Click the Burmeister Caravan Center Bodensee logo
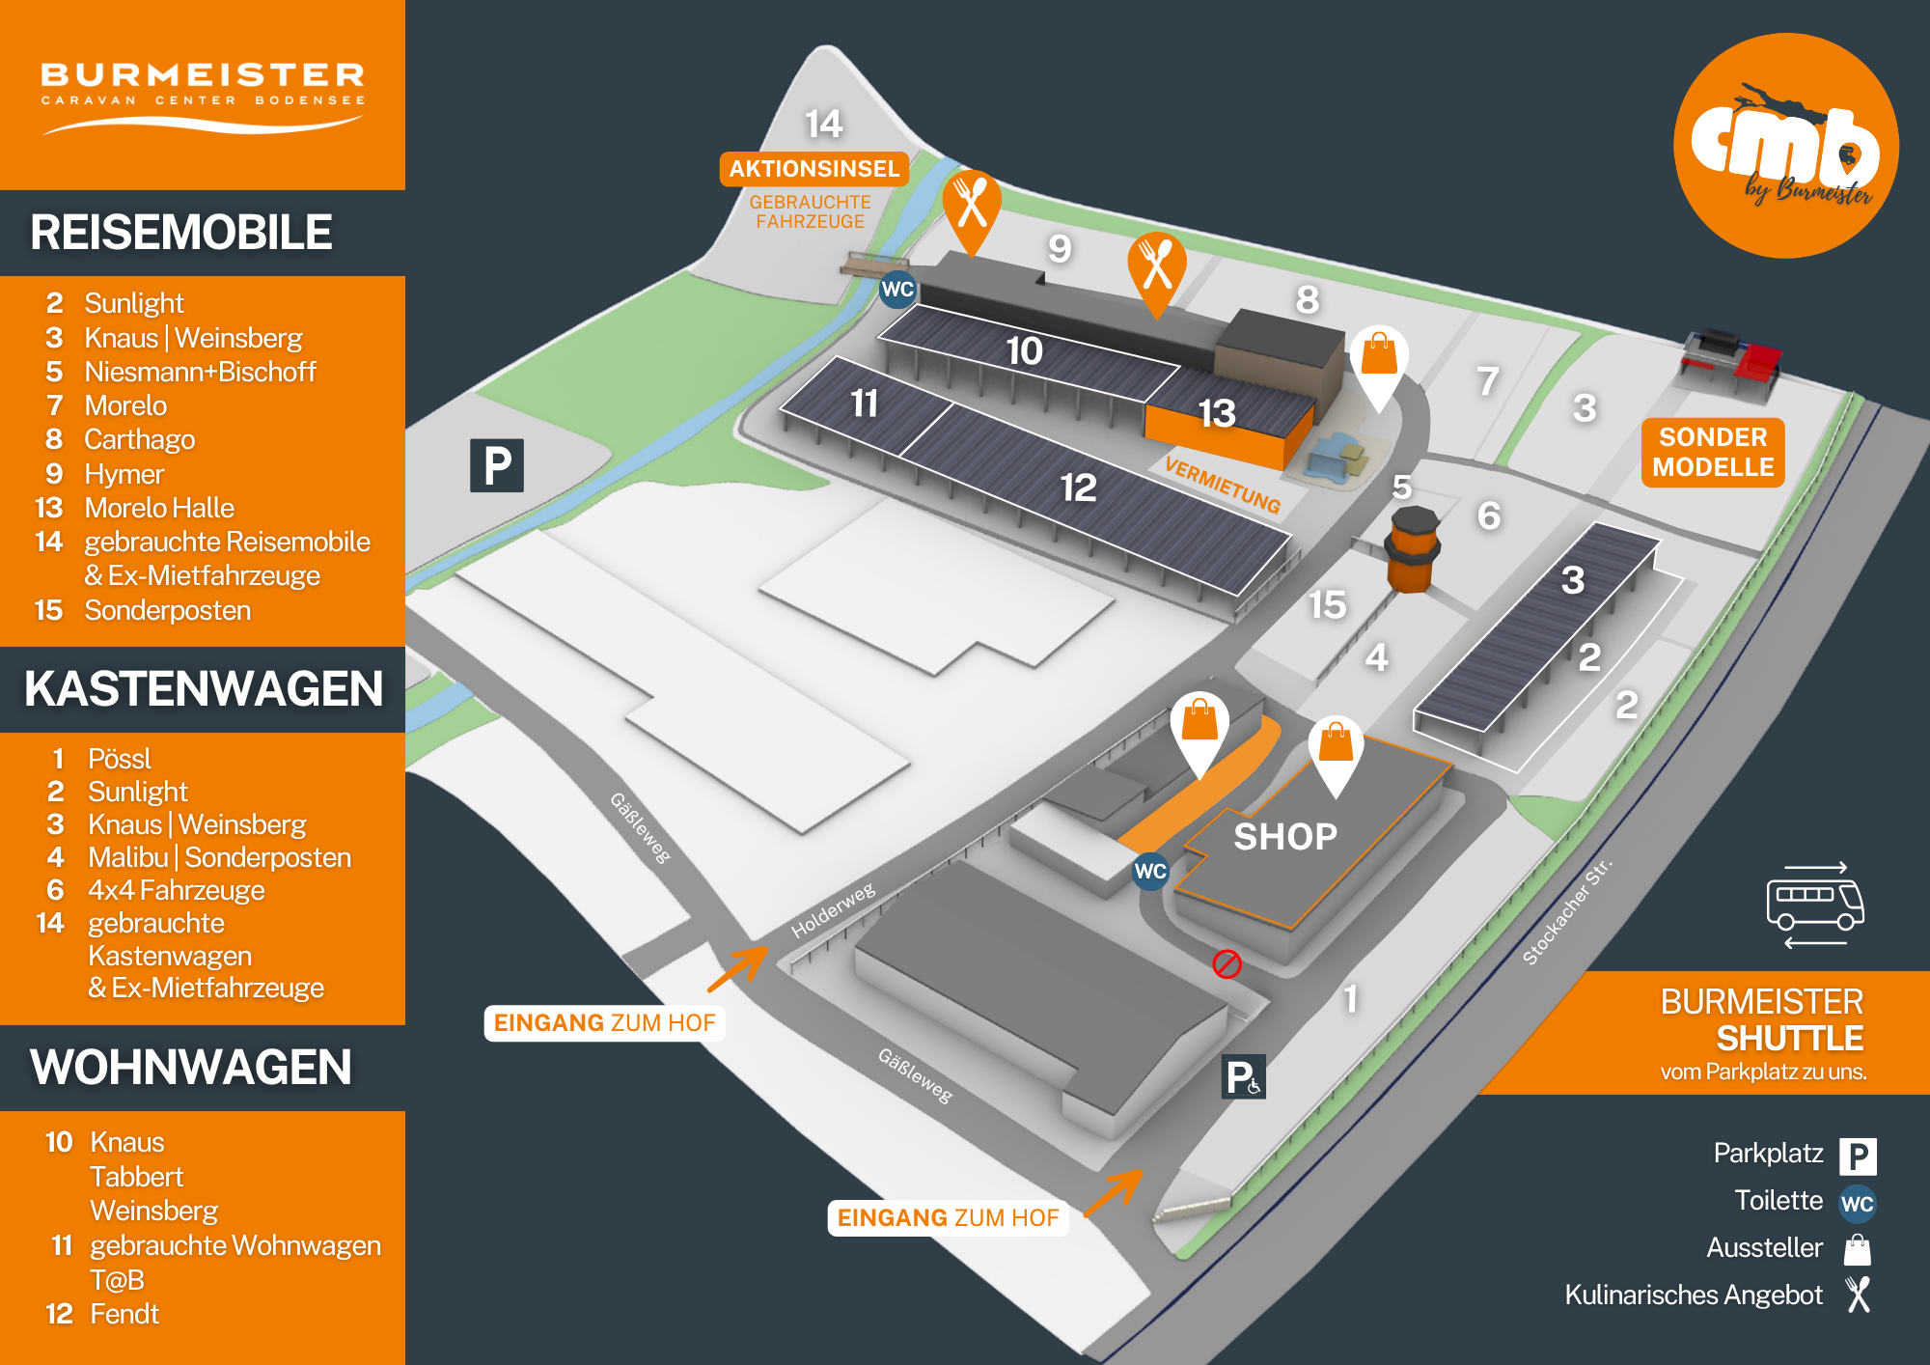[x=203, y=95]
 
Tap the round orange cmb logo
[x=1786, y=146]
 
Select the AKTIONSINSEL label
[x=813, y=169]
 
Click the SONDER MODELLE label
[x=1713, y=452]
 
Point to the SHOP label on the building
[x=1285, y=836]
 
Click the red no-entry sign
[x=1227, y=963]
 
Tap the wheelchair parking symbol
[x=1243, y=1077]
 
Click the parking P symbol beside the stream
[x=497, y=465]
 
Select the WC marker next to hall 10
[x=897, y=289]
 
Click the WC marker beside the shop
[x=1150, y=871]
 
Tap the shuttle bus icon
[x=1814, y=905]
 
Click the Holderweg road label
[x=833, y=909]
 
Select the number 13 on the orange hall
[x=1217, y=413]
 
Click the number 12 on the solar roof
[x=1078, y=487]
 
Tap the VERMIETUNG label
[x=1223, y=485]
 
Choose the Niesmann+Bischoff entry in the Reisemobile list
[x=200, y=372]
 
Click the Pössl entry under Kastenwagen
[x=120, y=759]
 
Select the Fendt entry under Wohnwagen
[x=124, y=1314]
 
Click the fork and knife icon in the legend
[x=1858, y=1295]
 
